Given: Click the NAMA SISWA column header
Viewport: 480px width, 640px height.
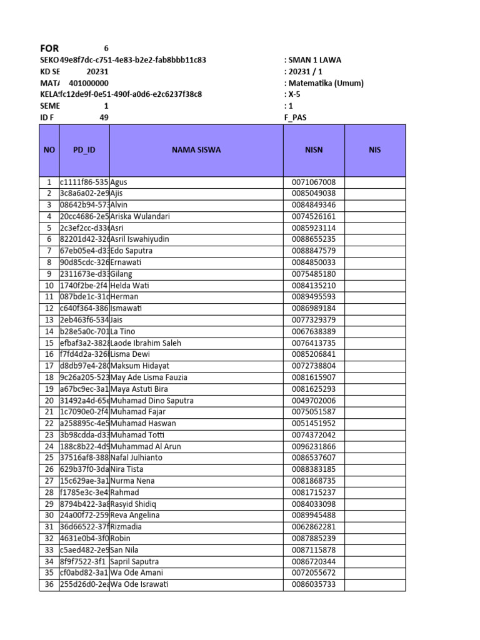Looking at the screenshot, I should point(196,150).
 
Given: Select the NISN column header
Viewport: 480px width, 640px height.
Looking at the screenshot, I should point(314,150).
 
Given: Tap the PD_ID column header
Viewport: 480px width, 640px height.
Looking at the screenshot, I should point(84,150).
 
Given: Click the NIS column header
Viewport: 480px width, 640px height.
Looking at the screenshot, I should point(375,150).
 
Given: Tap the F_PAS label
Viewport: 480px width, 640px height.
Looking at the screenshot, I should point(296,117).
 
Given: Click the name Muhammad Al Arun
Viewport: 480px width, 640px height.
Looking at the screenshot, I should point(145,446).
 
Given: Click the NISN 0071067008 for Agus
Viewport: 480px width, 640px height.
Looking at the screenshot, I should point(314,182).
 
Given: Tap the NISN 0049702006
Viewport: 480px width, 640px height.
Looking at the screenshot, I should point(314,401).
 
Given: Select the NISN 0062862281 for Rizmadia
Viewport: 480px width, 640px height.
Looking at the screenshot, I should point(314,527).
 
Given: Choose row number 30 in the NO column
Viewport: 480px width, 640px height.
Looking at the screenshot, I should point(49,516).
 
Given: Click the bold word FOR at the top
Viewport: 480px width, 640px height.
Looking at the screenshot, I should point(49,48).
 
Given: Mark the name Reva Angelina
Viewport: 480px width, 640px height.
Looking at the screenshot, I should point(135,516).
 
